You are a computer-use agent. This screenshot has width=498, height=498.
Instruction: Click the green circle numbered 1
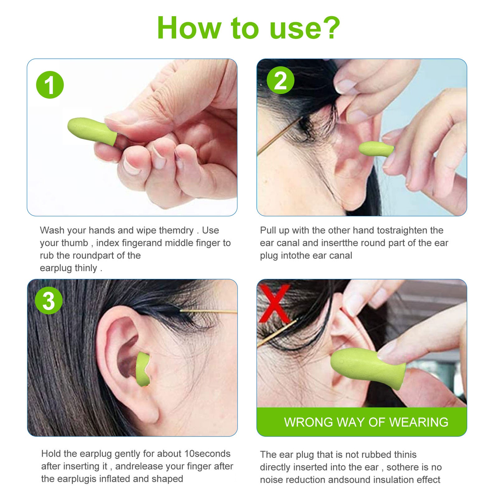(50, 85)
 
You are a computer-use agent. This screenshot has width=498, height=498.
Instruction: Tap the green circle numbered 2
(280, 80)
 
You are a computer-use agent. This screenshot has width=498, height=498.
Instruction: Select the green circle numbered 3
(49, 301)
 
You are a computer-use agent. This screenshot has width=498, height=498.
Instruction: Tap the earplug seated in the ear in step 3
(143, 369)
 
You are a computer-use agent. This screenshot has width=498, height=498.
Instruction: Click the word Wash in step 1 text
(52, 230)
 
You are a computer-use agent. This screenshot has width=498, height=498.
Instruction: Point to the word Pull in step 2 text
(269, 230)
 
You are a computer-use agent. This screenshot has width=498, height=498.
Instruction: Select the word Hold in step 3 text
(51, 453)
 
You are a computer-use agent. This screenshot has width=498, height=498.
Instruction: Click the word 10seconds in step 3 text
(207, 453)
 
